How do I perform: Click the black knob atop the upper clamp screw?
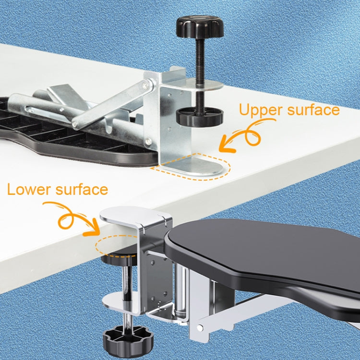tap(200, 25)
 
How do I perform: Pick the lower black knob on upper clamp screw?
tap(197, 117)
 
